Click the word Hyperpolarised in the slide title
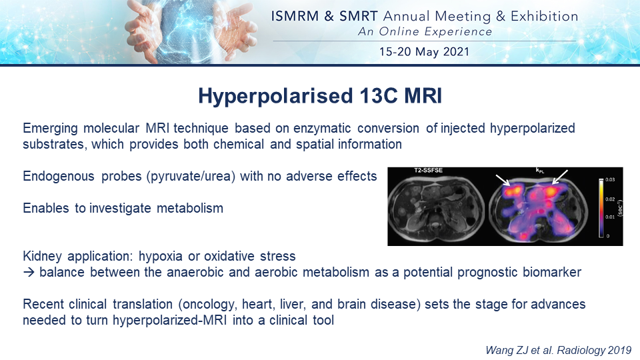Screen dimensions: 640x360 [x=275, y=96]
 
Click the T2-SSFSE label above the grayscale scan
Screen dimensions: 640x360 [x=429, y=170]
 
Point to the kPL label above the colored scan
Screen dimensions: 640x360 [x=540, y=170]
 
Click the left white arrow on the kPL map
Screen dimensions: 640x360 [x=503, y=181]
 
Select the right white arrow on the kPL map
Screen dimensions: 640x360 [x=559, y=177]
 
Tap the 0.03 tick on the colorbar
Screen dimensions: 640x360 [x=610, y=179]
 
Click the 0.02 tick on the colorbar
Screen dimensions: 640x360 [x=610, y=199]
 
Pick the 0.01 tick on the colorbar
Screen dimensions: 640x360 [x=610, y=217]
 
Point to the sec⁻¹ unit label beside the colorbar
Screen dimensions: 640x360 [x=619, y=208]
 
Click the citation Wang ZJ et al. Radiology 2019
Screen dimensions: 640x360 [x=559, y=350]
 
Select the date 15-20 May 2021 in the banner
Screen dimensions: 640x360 [x=424, y=52]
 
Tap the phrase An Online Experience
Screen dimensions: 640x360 [x=425, y=31]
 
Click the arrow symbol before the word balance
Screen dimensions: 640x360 [x=29, y=272]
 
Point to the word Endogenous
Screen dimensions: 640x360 [x=59, y=176]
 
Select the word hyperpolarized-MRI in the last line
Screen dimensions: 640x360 [x=169, y=321]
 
